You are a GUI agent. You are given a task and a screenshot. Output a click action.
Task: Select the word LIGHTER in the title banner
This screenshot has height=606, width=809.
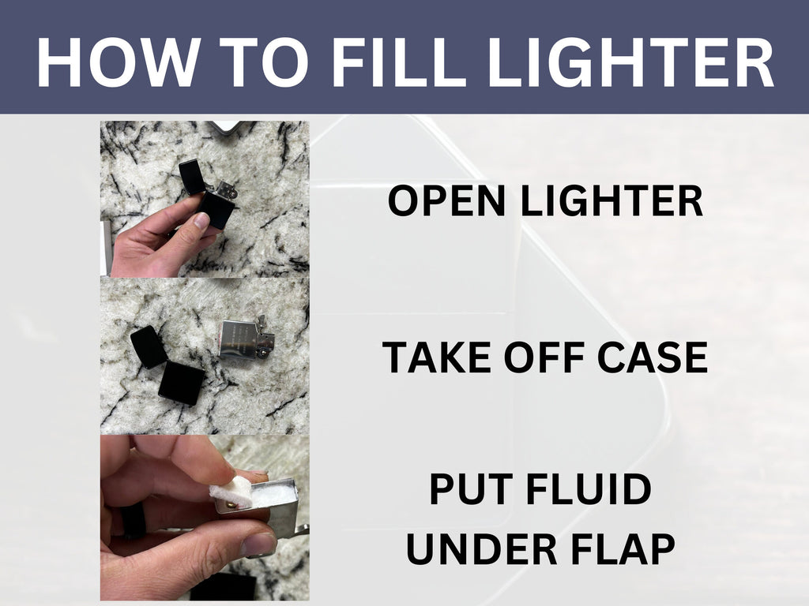pyautogui.click(x=630, y=62)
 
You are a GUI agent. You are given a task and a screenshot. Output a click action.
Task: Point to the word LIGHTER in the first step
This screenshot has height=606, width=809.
pyautogui.click(x=612, y=201)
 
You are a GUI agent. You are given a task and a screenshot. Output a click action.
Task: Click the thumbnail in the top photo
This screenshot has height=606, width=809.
pyautogui.click(x=201, y=221)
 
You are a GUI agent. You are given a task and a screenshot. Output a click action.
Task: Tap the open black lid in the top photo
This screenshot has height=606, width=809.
pyautogui.click(x=192, y=176)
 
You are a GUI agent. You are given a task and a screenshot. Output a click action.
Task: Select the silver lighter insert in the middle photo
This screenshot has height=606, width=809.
pyautogui.click(x=245, y=338)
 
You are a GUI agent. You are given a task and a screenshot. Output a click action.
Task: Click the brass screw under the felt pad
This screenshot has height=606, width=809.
pyautogui.click(x=235, y=506)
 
